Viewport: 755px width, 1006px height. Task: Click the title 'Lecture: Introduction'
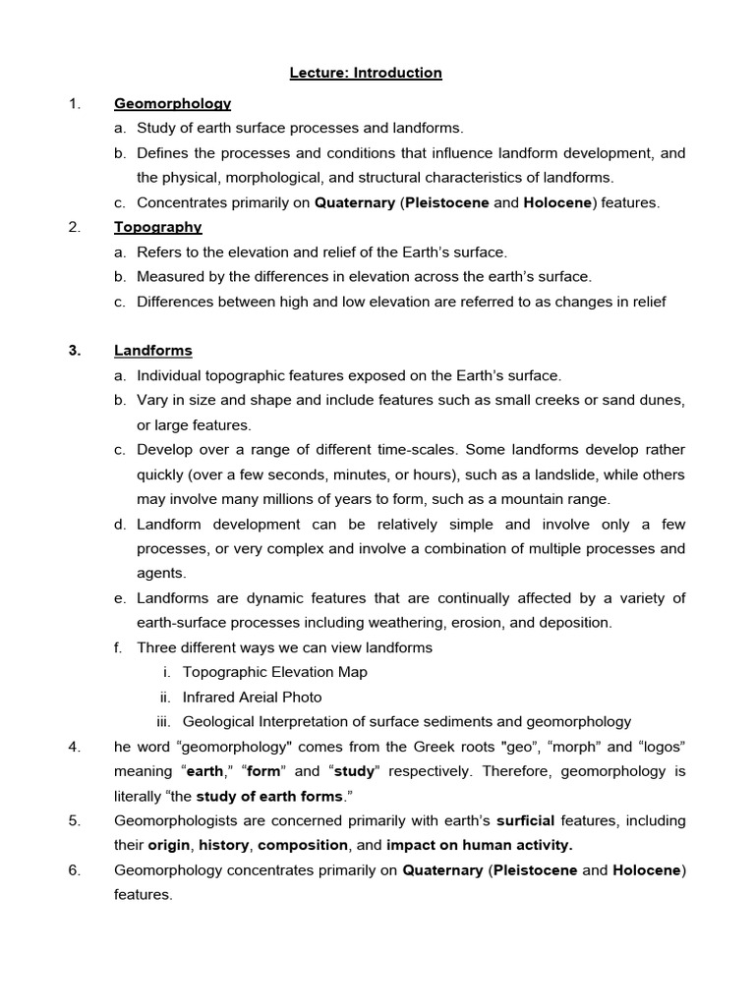coord(366,73)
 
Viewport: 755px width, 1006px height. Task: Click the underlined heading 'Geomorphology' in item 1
coord(172,103)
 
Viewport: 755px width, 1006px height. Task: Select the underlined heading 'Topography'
coord(157,227)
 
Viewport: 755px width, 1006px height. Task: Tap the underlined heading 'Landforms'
coord(152,351)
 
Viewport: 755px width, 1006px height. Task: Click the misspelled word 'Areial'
coord(263,698)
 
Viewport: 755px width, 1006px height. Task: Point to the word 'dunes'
coord(664,401)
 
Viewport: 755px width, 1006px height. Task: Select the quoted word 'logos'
coord(659,747)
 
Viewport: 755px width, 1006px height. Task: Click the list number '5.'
coord(75,820)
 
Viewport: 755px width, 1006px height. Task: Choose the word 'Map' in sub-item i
coord(352,673)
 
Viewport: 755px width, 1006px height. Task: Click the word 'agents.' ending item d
coord(161,573)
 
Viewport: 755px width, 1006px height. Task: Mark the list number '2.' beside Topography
coord(75,227)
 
